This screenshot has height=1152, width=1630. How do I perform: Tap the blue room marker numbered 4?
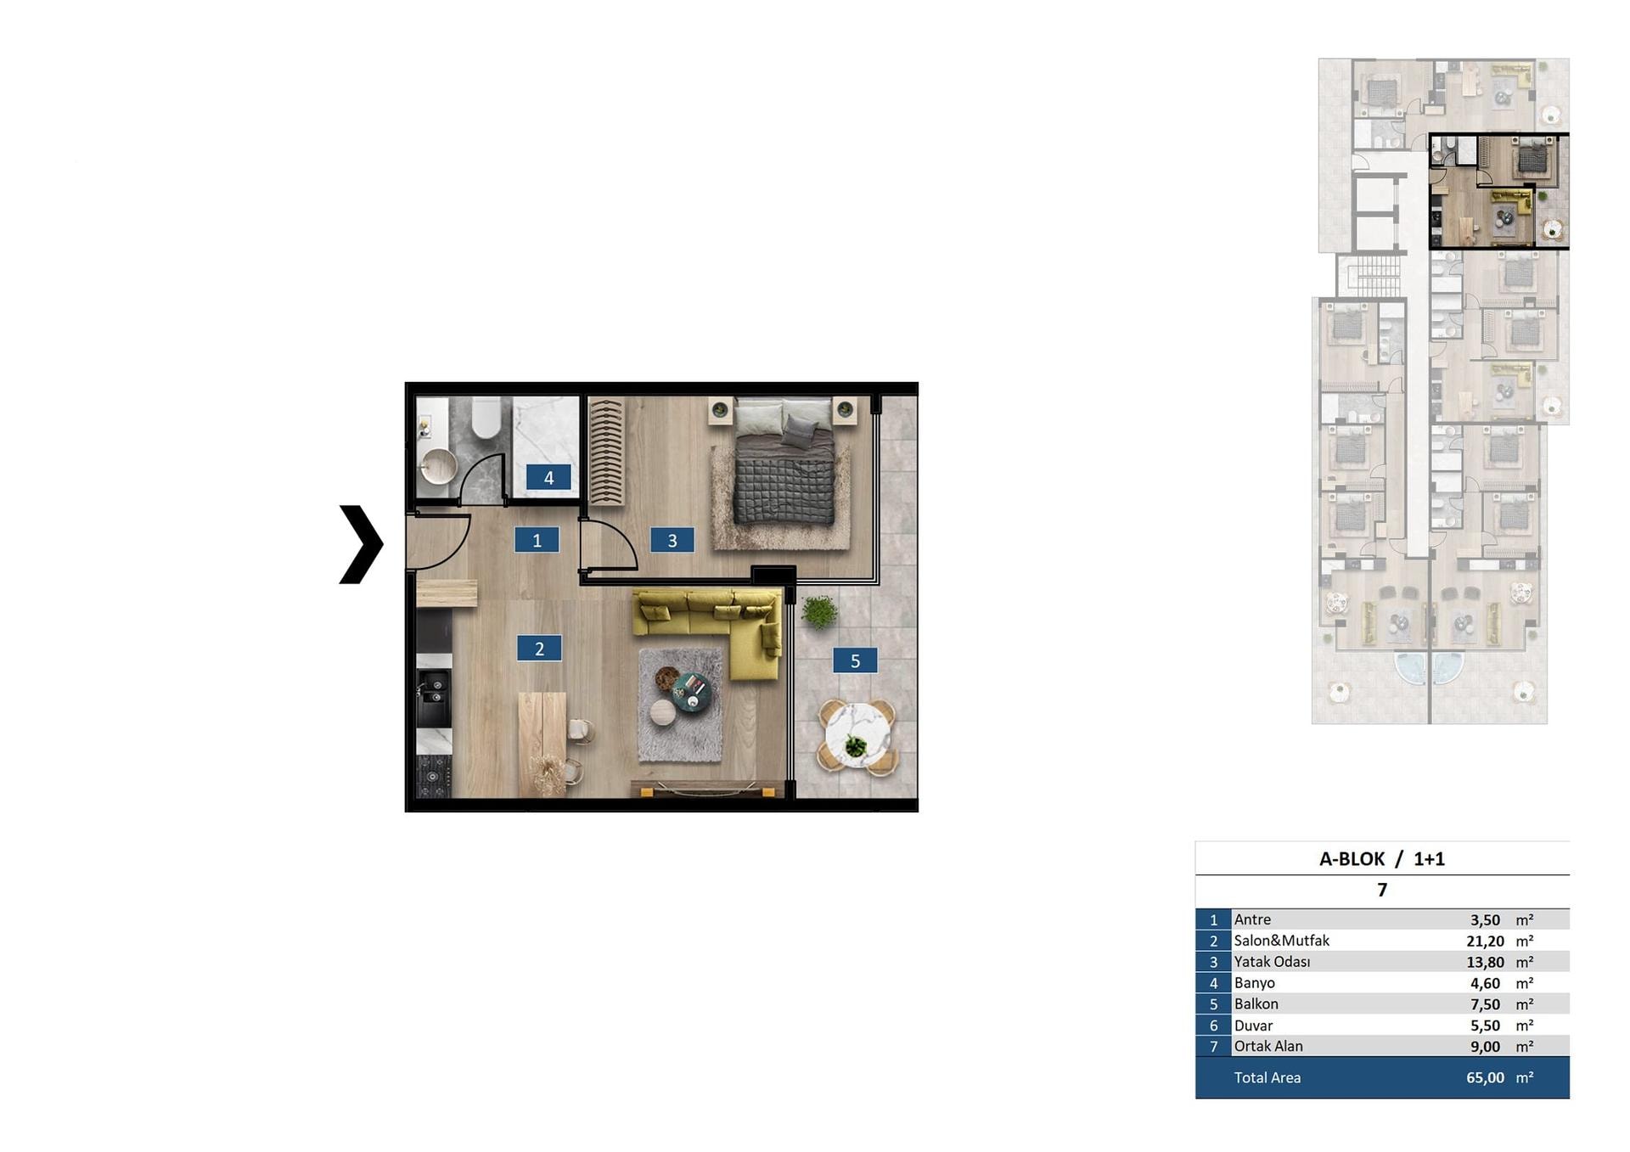[x=548, y=478]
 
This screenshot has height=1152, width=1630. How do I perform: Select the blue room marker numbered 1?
[x=537, y=540]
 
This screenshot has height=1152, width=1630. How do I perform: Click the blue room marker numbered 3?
[x=672, y=540]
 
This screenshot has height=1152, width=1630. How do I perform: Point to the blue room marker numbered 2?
[x=539, y=649]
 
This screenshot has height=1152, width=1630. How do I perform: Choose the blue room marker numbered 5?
[x=855, y=660]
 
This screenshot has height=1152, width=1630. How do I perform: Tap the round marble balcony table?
[x=857, y=735]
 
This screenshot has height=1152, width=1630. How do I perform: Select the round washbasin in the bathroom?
[x=438, y=468]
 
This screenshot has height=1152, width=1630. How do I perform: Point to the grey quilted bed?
[x=783, y=463]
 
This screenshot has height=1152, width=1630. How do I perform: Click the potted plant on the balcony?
[x=819, y=611]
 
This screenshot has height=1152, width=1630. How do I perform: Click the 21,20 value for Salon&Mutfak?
[x=1485, y=941]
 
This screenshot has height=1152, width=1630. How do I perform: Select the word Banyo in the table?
[x=1254, y=983]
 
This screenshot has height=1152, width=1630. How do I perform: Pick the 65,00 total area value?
[x=1485, y=1077]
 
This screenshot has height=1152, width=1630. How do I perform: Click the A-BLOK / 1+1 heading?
[x=1381, y=859]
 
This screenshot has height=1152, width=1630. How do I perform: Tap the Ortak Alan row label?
[x=1268, y=1046]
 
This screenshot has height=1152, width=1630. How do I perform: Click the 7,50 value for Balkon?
[x=1485, y=1004]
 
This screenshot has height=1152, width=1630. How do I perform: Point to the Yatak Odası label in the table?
[x=1272, y=962]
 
